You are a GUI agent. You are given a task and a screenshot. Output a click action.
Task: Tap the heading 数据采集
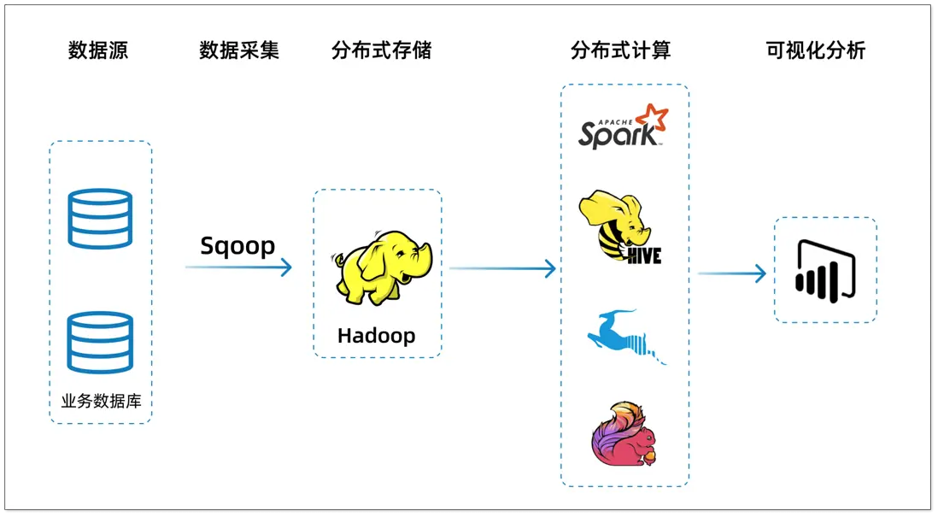click(239, 50)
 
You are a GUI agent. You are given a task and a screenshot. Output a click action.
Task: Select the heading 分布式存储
click(381, 50)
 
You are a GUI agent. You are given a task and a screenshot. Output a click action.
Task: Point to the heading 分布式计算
click(620, 50)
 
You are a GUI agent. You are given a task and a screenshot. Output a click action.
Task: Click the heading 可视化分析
click(816, 50)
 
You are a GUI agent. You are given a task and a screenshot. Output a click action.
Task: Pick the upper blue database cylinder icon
click(101, 219)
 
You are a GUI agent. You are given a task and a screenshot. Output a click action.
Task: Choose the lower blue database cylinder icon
click(101, 342)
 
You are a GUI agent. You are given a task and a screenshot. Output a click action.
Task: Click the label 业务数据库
click(101, 401)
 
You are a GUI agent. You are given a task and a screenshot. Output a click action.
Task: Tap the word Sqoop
click(237, 246)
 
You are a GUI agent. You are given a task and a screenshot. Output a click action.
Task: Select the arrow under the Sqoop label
click(238, 267)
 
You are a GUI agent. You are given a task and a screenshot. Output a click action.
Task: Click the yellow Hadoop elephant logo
click(380, 266)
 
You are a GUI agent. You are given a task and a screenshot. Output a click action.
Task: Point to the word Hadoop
click(376, 335)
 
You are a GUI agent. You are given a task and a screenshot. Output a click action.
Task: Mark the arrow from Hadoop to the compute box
click(502, 269)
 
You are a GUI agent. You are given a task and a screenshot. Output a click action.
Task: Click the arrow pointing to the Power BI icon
click(731, 273)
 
